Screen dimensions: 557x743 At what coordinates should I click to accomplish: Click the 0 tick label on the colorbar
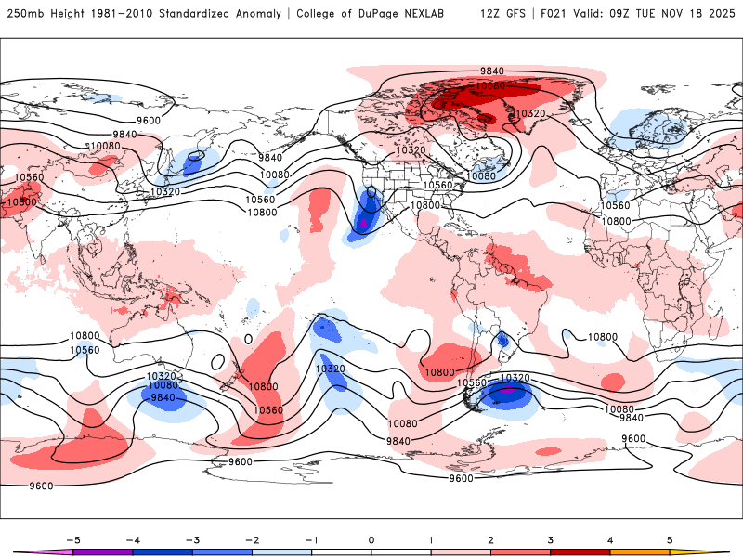[371, 539]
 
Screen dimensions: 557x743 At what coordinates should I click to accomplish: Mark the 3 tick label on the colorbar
[551, 539]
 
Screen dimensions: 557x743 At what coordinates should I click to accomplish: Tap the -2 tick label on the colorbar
[252, 539]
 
